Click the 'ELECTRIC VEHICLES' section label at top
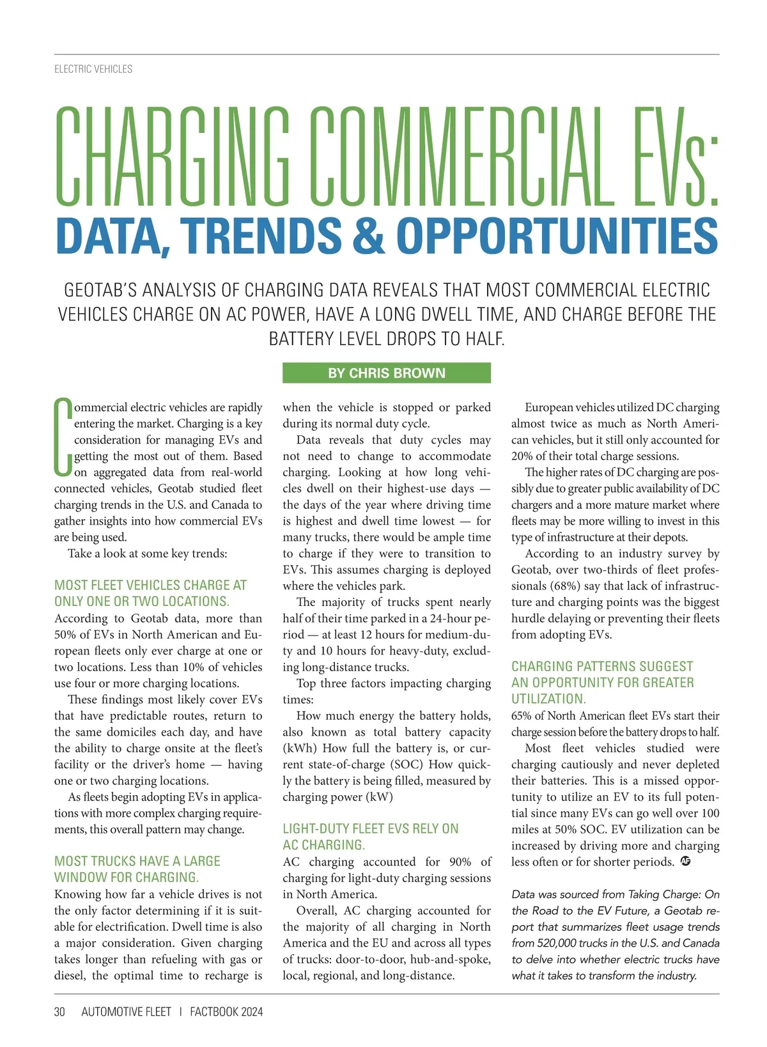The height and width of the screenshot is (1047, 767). (93, 69)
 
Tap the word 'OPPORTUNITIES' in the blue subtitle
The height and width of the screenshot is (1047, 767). (557, 235)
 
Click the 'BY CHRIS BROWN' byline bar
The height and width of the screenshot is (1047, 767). (387, 373)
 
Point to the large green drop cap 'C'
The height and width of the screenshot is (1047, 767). (63, 437)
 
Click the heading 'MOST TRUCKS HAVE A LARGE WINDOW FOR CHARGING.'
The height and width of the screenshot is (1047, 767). (137, 869)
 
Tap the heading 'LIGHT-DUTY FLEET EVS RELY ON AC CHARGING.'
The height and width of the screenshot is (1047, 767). (370, 837)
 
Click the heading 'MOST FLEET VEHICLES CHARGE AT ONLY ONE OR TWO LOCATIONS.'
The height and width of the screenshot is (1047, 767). (150, 593)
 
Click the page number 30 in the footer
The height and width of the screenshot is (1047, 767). (60, 1012)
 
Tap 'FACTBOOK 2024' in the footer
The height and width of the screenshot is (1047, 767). (226, 1012)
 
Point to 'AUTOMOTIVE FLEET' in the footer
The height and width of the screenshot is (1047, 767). (127, 1012)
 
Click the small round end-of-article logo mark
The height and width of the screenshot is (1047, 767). (686, 861)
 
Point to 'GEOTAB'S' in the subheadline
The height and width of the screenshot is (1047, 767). (100, 290)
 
